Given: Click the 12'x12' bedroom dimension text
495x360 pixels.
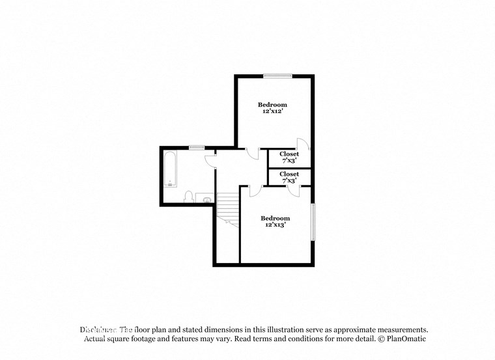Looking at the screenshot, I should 272,111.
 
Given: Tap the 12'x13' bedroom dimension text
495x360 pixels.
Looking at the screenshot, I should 276,225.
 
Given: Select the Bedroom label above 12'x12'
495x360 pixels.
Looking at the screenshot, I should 272,105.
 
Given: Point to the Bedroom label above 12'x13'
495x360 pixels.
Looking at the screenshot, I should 276,218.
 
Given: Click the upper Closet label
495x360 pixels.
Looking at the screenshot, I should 289,154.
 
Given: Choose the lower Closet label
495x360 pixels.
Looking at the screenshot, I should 289,174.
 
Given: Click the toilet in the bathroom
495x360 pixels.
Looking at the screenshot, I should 188,196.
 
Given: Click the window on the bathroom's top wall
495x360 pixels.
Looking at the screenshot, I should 197,148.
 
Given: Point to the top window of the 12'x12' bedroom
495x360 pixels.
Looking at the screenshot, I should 277,76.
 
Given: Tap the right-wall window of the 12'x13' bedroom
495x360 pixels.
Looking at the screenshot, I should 313,222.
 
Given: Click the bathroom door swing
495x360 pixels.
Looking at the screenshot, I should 210,159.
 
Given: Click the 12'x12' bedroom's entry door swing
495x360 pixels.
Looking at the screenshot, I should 253,153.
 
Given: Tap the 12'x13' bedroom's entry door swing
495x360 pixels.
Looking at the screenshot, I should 255,191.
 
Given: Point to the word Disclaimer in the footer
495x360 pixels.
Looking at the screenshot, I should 98,330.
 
